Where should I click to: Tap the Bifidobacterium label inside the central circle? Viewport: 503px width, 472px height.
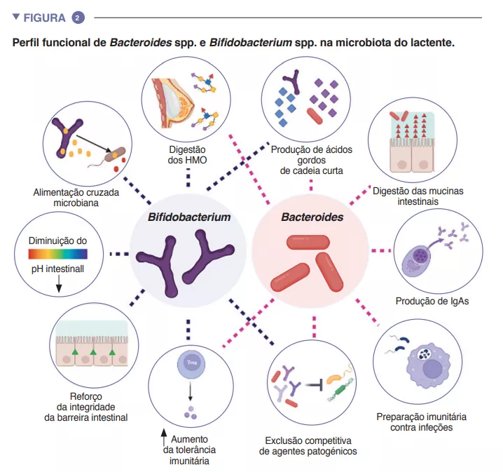pos(188,217)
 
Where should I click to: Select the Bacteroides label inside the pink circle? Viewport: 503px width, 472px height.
pos(312,217)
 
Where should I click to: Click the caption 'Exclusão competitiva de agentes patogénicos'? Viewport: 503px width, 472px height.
pos(308,445)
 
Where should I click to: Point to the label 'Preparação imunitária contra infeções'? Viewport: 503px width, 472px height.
pos(422,421)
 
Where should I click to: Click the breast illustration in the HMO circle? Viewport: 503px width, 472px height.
pos(169,98)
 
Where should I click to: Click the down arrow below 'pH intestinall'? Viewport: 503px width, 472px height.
pos(59,283)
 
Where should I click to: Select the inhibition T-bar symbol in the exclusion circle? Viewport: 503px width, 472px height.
pos(317,384)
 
